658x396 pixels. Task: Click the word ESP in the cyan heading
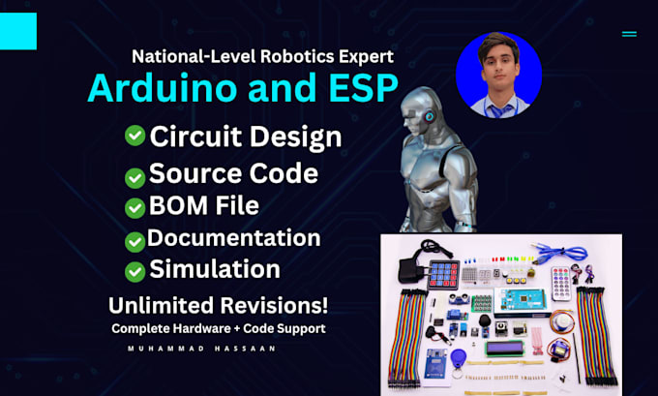(364, 88)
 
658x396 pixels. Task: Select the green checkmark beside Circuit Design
(135, 136)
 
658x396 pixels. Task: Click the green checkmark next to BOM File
(135, 208)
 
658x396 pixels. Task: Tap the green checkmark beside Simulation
(135, 272)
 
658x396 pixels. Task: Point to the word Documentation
(234, 237)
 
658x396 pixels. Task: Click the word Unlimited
(158, 305)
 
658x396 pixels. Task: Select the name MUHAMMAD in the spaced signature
(166, 349)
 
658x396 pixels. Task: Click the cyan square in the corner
(18, 31)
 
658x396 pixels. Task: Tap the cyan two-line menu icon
(629, 34)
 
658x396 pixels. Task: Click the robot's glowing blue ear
(429, 117)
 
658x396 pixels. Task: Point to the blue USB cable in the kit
(558, 253)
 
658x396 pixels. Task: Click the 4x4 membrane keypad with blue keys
(443, 275)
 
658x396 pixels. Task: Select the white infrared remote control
(561, 284)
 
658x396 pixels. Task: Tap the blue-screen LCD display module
(505, 349)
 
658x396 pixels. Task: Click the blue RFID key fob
(458, 359)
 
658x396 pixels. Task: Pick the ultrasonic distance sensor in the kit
(459, 298)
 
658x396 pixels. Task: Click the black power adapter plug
(409, 269)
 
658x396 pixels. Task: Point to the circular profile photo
(498, 75)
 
